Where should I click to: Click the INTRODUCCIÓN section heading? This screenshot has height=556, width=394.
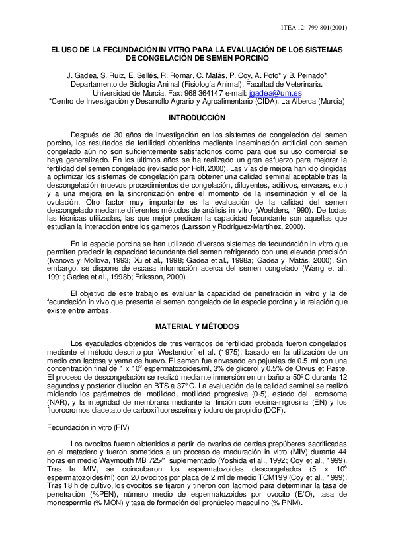197,117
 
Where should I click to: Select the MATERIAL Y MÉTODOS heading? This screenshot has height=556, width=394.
197,326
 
